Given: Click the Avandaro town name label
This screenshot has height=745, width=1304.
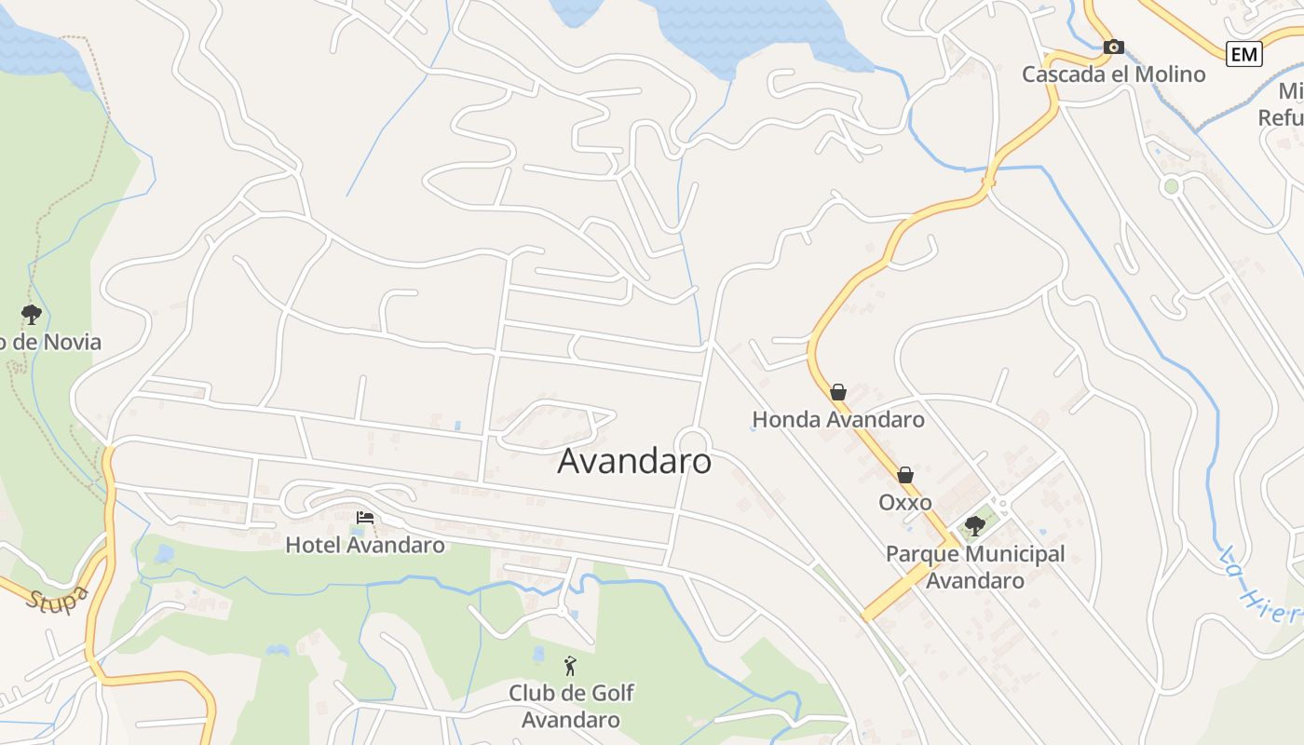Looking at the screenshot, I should point(634,461).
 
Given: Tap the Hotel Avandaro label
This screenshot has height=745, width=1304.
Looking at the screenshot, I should point(365,545).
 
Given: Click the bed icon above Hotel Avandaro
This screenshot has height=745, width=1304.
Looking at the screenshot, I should point(365,517).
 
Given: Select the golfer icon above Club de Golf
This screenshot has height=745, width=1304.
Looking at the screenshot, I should point(570,666).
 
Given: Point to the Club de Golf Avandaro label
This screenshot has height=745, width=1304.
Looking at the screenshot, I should point(571,706).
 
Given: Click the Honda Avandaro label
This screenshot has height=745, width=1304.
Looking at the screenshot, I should point(838,420).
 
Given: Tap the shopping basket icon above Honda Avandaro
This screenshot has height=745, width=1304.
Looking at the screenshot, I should point(838,392).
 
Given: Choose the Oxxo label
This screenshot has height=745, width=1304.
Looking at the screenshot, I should point(905,503).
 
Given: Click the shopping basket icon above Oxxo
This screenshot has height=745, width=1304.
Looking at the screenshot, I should point(905,475).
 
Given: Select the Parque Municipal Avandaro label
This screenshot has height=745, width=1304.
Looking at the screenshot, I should point(975,567).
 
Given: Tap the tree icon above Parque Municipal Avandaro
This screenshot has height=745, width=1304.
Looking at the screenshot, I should point(975,526).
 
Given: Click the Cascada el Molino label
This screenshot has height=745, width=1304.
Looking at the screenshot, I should point(1114,74).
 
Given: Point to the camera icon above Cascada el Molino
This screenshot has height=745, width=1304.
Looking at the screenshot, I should point(1114,47).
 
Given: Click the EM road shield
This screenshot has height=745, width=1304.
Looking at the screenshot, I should point(1243,54).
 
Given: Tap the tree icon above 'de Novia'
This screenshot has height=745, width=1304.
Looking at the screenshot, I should point(32,314).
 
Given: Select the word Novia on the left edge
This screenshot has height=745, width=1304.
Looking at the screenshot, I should point(67,342).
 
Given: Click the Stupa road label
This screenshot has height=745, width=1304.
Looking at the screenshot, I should point(58,598).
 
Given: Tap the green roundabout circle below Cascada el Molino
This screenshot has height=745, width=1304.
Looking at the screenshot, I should point(1172,186).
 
